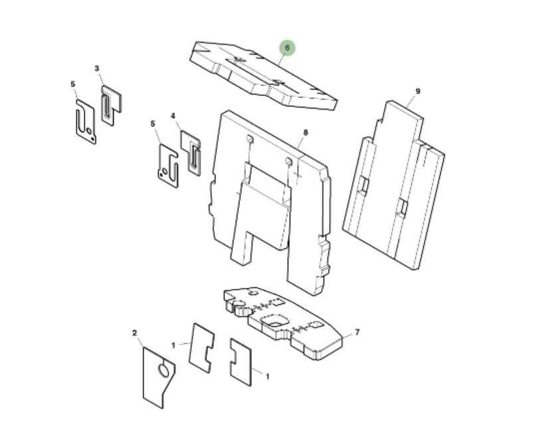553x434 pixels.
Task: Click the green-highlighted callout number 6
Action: [x=287, y=48]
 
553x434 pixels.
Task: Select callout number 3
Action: [x=97, y=68]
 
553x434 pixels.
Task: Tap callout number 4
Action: [x=173, y=116]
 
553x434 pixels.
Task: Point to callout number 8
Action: [x=306, y=132]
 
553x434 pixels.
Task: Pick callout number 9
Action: [x=418, y=91]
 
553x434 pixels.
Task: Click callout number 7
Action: [x=357, y=332]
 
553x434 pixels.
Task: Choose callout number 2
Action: [x=134, y=333]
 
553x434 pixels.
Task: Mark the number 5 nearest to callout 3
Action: [x=72, y=84]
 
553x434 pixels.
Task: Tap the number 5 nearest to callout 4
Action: [x=153, y=124]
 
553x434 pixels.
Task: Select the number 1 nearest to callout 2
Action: [x=173, y=345]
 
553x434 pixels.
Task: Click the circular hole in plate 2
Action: [x=164, y=370]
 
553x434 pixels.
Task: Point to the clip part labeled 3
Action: [x=111, y=106]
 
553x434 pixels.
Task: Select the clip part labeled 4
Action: [x=191, y=153]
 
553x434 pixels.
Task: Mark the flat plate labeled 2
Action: [x=158, y=378]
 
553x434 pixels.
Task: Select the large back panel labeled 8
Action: [x=270, y=203]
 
